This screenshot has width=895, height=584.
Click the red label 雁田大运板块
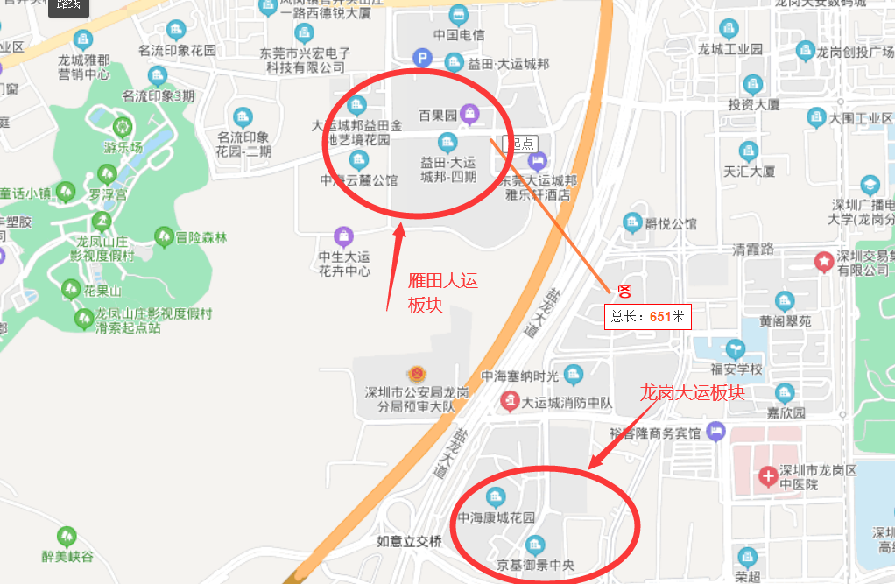pyautogui.click(x=443, y=292)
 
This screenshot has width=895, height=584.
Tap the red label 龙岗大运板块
pyautogui.click(x=692, y=391)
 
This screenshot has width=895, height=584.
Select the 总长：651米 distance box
pyautogui.click(x=648, y=316)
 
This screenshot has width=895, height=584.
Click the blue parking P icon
pyautogui.click(x=422, y=59)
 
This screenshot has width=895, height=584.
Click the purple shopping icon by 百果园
pyautogui.click(x=471, y=113)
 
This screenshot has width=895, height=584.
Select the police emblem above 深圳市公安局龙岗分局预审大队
pyautogui.click(x=412, y=373)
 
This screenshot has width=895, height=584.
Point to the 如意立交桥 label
pyautogui.click(x=410, y=541)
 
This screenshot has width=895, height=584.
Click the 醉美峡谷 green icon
pyautogui.click(x=67, y=536)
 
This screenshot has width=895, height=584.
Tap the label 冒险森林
pyautogui.click(x=201, y=237)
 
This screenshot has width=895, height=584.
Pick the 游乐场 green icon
pyautogui.click(x=121, y=127)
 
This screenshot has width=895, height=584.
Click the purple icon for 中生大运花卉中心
pyautogui.click(x=344, y=236)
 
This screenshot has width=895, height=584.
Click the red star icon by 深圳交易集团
pyautogui.click(x=823, y=260)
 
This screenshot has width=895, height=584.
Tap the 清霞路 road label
pyautogui.click(x=753, y=249)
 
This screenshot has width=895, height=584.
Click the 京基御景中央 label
pyautogui.click(x=535, y=565)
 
